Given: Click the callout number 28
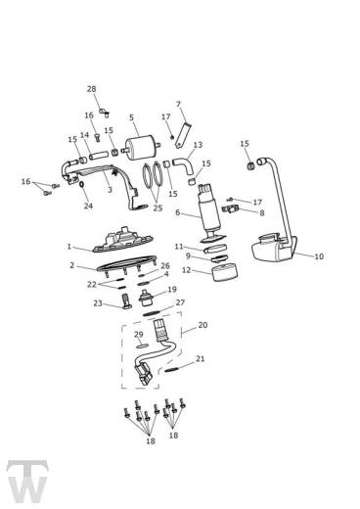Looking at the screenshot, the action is [x=92, y=89].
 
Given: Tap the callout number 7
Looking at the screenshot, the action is [x=178, y=104].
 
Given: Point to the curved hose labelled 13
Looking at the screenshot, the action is [x=184, y=165].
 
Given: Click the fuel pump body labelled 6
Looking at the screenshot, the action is [x=210, y=212].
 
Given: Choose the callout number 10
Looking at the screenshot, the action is [x=319, y=256].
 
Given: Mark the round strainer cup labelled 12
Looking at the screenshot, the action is [x=225, y=272].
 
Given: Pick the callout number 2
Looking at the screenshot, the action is [x=72, y=265].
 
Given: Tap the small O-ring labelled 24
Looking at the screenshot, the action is [x=82, y=185].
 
